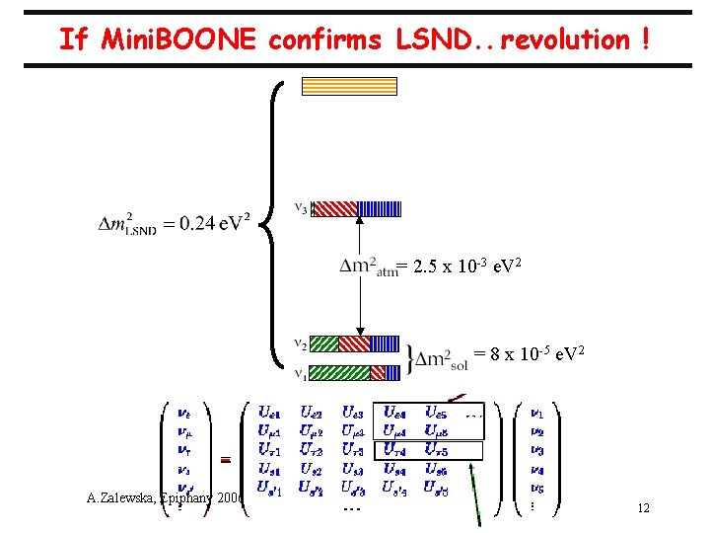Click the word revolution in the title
(560, 39)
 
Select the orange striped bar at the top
(348, 86)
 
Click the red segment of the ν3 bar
(335, 208)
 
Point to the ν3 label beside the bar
(302, 207)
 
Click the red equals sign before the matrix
(225, 459)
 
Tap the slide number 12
(643, 508)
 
